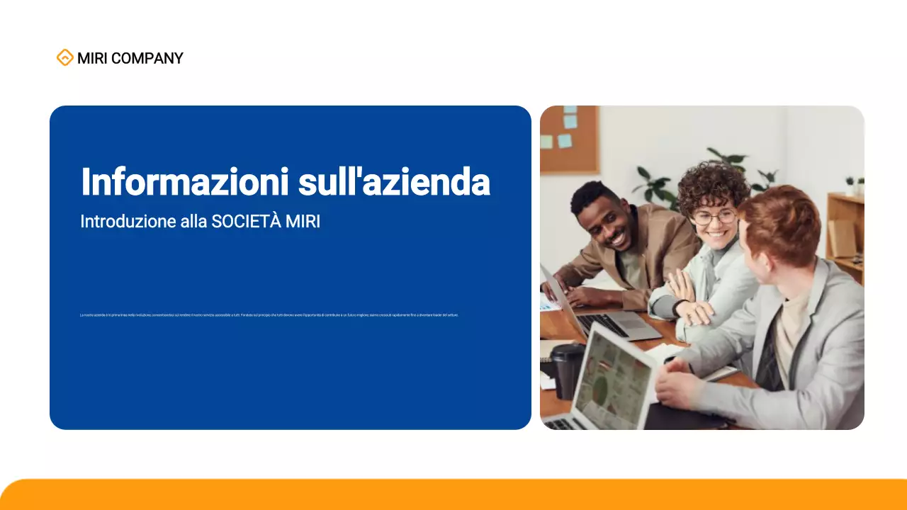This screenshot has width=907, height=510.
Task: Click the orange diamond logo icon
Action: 64,58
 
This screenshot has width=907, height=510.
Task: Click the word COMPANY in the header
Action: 147,59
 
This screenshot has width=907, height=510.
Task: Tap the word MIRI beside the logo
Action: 92,59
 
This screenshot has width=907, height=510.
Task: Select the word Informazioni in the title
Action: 184,182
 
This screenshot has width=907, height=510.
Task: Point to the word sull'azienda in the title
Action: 394,182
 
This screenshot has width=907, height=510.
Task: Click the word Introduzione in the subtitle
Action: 128,221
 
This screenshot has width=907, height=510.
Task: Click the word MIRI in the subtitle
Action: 303,221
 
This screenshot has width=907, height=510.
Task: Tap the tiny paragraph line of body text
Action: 269,314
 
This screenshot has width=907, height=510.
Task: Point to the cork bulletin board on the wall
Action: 569,139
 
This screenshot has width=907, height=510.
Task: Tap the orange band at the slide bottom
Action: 453,496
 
